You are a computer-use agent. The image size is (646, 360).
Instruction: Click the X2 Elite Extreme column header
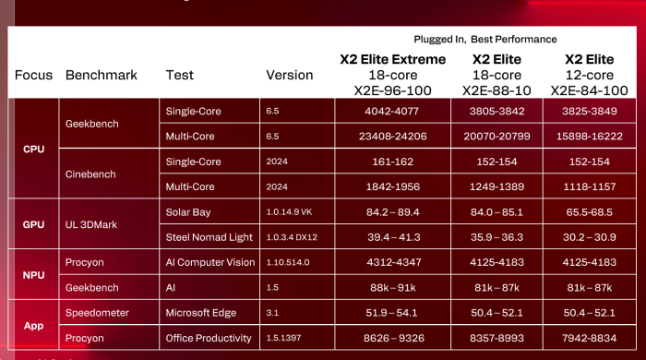pyautogui.click(x=392, y=59)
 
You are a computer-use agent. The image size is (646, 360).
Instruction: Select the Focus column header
pyautogui.click(x=33, y=75)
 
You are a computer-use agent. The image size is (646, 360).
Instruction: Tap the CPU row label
pyautogui.click(x=33, y=149)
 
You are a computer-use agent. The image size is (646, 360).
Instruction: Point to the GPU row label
pyautogui.click(x=33, y=224)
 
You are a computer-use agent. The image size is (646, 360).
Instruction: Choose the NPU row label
pyautogui.click(x=33, y=274)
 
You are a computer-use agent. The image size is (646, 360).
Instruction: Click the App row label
pyautogui.click(x=33, y=325)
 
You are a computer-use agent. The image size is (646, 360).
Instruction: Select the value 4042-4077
pyautogui.click(x=392, y=111)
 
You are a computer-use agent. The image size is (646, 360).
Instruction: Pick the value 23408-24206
pyautogui.click(x=392, y=136)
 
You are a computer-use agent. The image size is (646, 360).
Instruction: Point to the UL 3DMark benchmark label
pyautogui.click(x=94, y=224)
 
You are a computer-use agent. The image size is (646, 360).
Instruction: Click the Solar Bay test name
pyautogui.click(x=188, y=212)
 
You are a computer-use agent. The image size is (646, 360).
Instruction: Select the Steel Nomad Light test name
pyautogui.click(x=209, y=237)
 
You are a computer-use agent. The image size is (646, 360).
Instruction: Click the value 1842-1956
pyautogui.click(x=392, y=186)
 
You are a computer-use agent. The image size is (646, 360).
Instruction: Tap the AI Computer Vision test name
pyautogui.click(x=210, y=262)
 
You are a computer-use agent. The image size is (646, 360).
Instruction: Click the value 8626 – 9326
pyautogui.click(x=392, y=338)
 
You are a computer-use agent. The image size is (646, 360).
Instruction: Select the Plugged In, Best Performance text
pyautogui.click(x=485, y=39)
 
